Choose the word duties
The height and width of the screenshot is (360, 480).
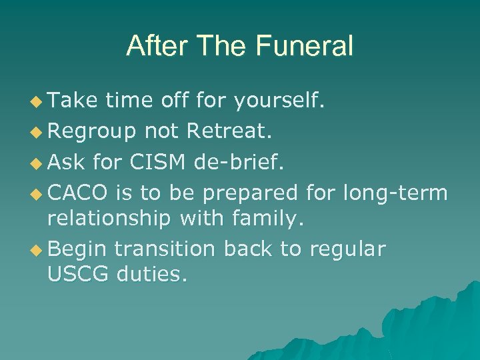(151, 273)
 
